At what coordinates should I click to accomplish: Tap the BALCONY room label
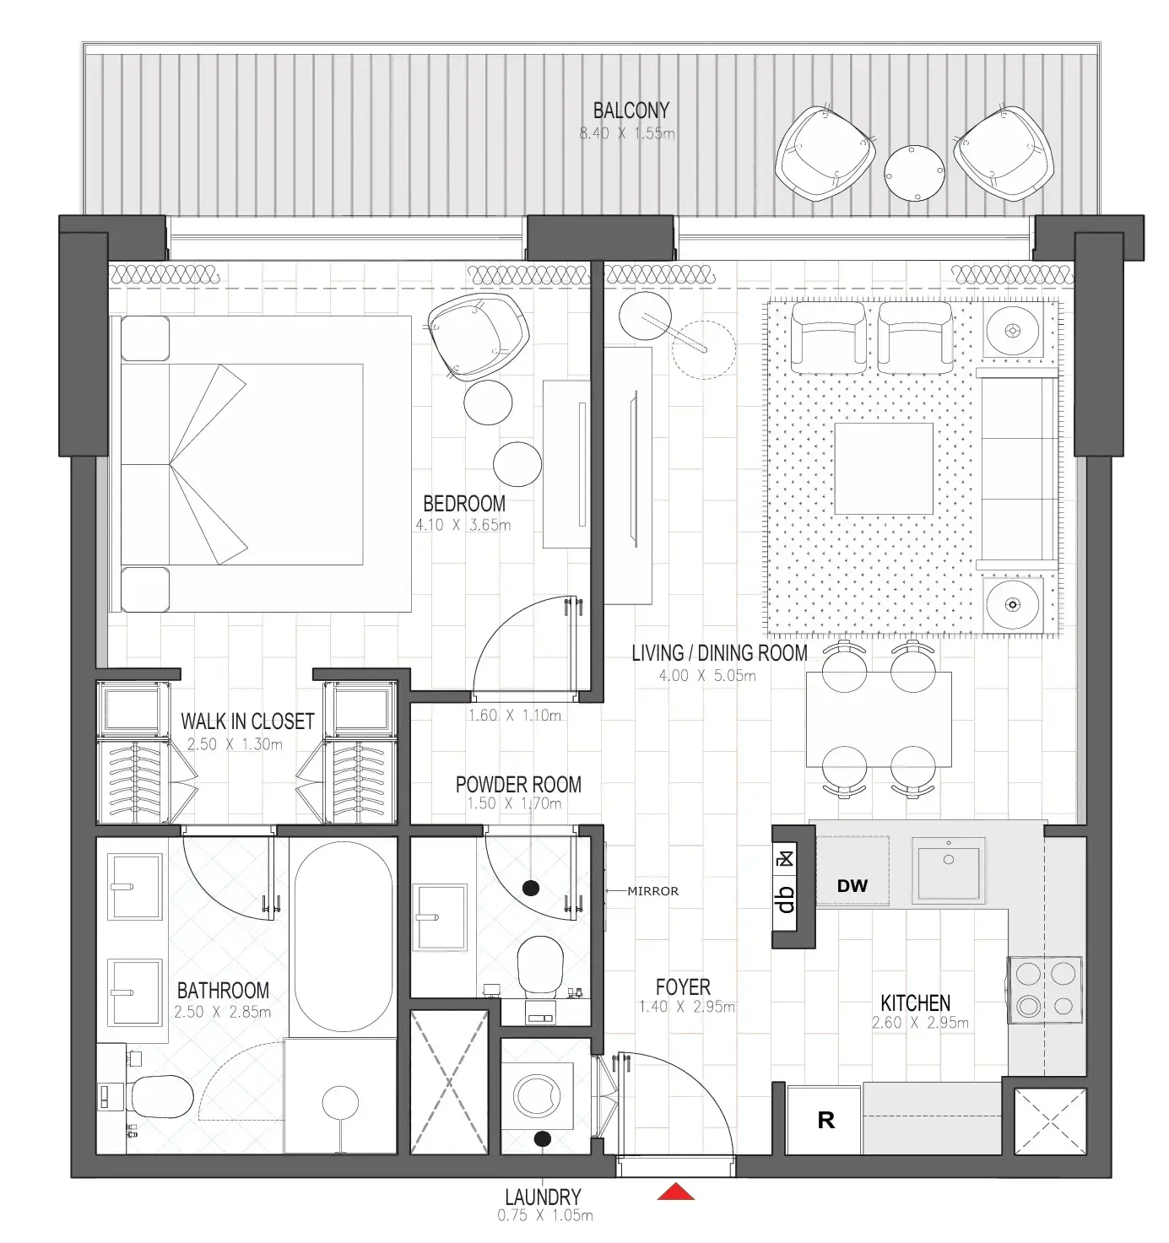(631, 111)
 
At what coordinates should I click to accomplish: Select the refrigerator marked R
(825, 1120)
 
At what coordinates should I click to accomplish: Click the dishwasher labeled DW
(852, 885)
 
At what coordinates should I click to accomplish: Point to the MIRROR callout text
(652, 890)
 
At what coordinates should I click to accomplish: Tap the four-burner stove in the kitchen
(1044, 989)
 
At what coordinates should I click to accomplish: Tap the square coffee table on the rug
(884, 468)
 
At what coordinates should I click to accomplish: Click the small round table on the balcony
(913, 173)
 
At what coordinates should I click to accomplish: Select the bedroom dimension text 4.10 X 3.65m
(463, 525)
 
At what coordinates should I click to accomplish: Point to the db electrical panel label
(786, 900)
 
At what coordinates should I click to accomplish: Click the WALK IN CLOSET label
(247, 721)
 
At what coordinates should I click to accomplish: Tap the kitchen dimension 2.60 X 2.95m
(919, 1023)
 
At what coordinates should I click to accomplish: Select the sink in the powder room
(439, 916)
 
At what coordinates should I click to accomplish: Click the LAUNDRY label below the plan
(543, 1197)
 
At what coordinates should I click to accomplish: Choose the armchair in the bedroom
(477, 335)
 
